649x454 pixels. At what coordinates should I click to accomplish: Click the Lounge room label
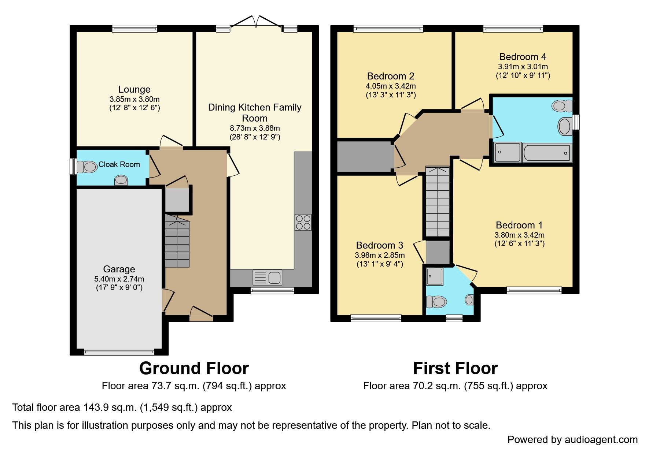click(x=134, y=89)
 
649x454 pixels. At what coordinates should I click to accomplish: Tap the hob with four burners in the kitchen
click(x=303, y=222)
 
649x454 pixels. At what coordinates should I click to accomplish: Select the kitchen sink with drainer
click(x=268, y=278)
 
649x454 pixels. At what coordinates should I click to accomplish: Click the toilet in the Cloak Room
click(x=88, y=167)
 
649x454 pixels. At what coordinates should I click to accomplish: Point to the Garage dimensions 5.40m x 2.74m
click(x=119, y=279)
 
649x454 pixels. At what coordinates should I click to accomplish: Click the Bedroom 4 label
click(x=523, y=57)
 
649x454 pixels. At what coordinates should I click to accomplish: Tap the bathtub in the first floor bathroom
click(x=547, y=153)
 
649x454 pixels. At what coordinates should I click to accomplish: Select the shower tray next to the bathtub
click(x=507, y=152)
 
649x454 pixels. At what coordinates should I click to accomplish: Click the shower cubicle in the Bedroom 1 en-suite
click(x=435, y=276)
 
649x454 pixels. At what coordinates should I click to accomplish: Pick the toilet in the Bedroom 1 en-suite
click(x=436, y=302)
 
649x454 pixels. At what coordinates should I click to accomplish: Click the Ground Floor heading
click(x=194, y=368)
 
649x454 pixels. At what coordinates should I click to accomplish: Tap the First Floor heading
click(x=455, y=368)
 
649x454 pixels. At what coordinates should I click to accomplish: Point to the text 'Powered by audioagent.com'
click(x=572, y=440)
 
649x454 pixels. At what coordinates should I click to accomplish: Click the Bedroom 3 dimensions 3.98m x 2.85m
click(x=380, y=255)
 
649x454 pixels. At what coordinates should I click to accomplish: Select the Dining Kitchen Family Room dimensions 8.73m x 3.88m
click(x=255, y=128)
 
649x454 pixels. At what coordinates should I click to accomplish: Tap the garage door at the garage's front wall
click(x=119, y=353)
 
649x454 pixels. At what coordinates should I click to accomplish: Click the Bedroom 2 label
click(x=391, y=76)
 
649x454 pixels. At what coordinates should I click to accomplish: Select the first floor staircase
click(x=437, y=203)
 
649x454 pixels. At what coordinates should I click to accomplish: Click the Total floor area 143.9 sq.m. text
click(x=122, y=408)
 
